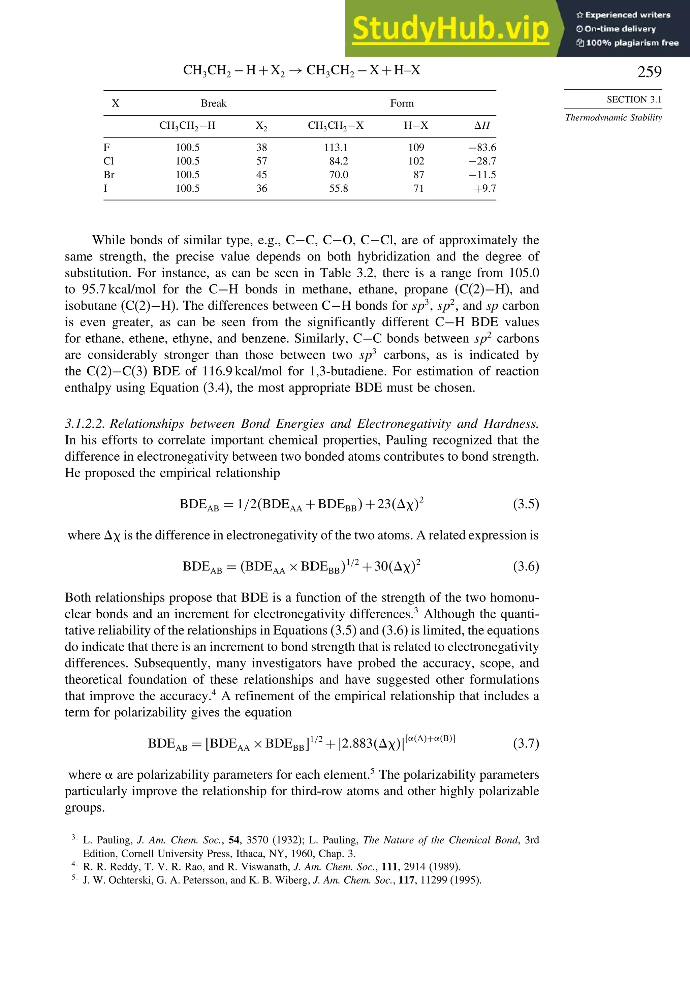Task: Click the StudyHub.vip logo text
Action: (x=450, y=28)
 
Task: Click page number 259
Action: (x=649, y=72)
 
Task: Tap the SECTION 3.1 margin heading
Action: (x=634, y=100)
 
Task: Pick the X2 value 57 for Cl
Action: (x=261, y=161)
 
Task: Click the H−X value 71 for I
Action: (x=419, y=188)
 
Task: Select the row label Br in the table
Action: (x=109, y=175)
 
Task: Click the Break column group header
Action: (x=213, y=103)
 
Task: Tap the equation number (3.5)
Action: (x=526, y=504)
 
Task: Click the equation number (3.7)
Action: (x=526, y=743)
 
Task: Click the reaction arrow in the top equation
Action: (x=295, y=71)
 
